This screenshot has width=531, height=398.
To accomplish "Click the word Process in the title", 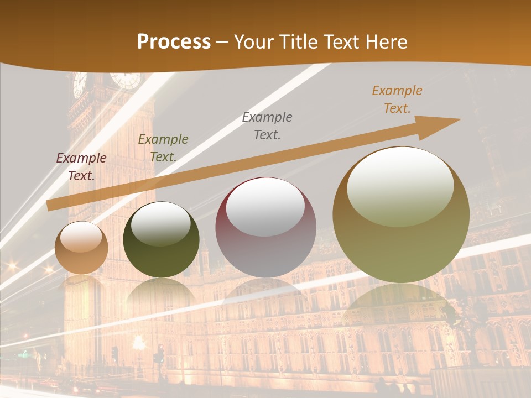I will click(174, 42).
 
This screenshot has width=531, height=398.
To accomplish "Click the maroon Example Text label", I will click(81, 167).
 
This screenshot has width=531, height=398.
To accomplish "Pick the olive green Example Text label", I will click(163, 148).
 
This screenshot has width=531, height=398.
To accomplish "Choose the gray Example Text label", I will click(267, 126).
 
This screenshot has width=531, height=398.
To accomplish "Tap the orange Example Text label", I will click(397, 99).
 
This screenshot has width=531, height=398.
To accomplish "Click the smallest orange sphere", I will click(81, 248).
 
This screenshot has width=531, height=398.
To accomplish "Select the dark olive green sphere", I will click(161, 240).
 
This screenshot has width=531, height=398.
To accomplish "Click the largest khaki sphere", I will click(401, 215).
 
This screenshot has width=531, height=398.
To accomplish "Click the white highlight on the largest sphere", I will click(400, 185).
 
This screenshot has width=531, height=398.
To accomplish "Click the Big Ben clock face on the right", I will click(125, 80).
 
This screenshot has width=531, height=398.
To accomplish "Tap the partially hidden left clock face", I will click(79, 84).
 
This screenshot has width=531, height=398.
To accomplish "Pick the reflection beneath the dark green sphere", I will click(161, 293).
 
